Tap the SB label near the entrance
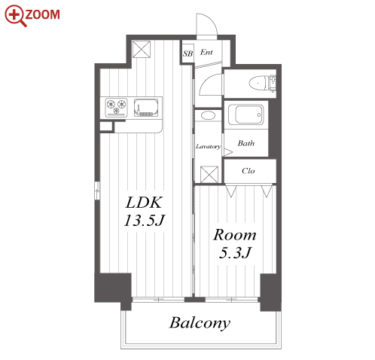pyautogui.click(x=187, y=53)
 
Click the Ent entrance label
pyautogui.click(x=206, y=52)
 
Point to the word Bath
pyautogui.click(x=246, y=143)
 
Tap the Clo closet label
pyautogui.click(x=248, y=171)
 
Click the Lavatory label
pyautogui.click(x=208, y=146)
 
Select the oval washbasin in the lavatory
pyautogui.click(x=208, y=115)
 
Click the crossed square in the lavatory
pyautogui.click(x=209, y=174)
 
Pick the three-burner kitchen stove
pyautogui.click(x=116, y=107)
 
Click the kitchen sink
pyautogui.click(x=146, y=108)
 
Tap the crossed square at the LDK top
pyautogui.click(x=142, y=49)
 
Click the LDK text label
pyautogui.click(x=144, y=203)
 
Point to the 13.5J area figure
pyautogui.click(x=145, y=221)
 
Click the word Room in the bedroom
pyautogui.click(x=235, y=235)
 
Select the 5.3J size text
pyautogui.click(x=235, y=253)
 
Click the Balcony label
pyautogui.click(x=200, y=323)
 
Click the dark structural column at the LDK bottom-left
pyautogui.click(x=113, y=288)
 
